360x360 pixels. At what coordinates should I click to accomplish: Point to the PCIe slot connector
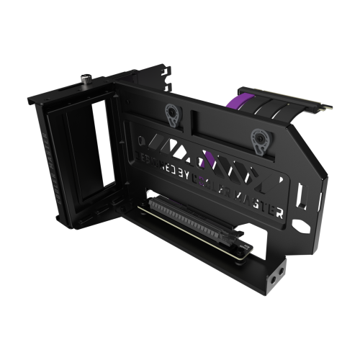coord(194,216)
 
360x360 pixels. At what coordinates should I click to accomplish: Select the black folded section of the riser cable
coord(266,114)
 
